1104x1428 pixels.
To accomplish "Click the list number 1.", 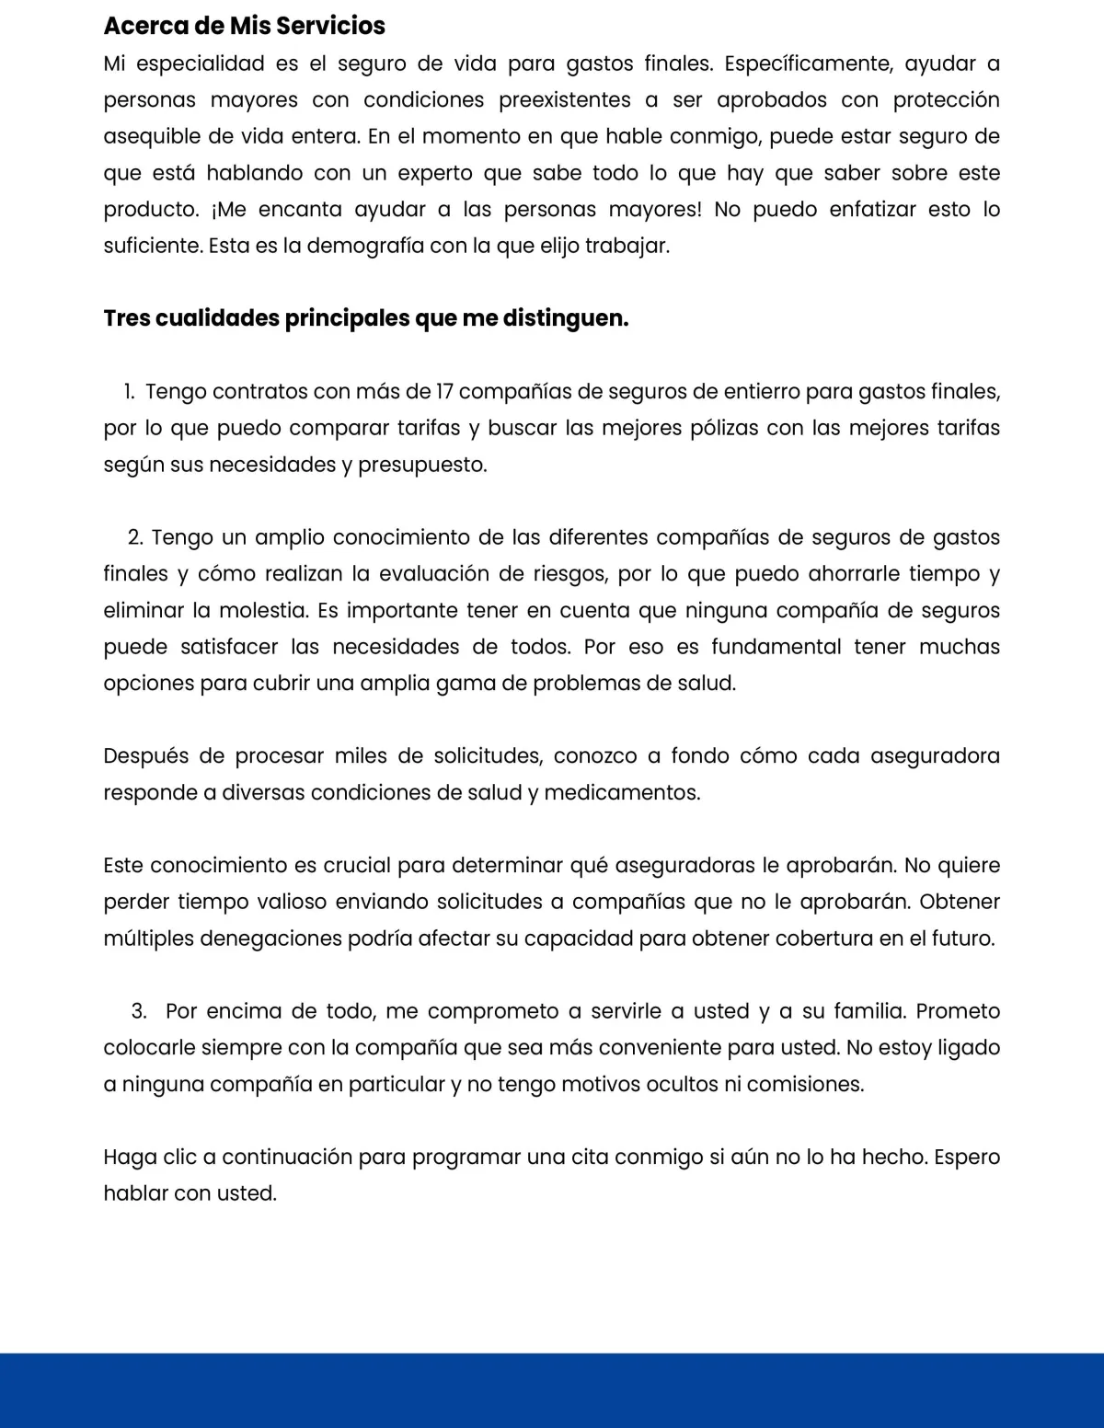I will click(129, 392).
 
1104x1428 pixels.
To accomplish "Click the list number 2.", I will click(135, 537).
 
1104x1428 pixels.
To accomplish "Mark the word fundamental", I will click(776, 647).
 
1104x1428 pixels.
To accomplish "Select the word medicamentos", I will click(622, 793).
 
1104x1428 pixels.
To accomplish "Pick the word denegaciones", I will click(306, 939).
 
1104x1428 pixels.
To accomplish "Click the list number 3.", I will click(139, 1011).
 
